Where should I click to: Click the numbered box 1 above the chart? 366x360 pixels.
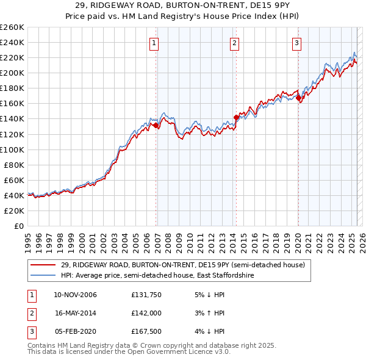[x=154, y=43]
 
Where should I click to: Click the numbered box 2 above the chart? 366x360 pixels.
[x=234, y=43]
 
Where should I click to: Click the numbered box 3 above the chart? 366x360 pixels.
[x=296, y=43]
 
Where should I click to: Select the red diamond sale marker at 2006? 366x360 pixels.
[x=156, y=125]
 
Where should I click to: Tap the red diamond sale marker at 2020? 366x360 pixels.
[x=298, y=98]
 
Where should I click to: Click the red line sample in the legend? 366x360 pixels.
[x=44, y=265]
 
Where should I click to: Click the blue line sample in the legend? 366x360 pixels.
[x=44, y=276]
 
